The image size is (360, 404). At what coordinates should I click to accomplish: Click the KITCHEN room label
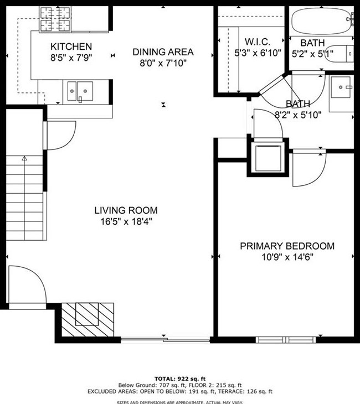(71, 46)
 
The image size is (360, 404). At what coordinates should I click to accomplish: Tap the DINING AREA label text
(163, 52)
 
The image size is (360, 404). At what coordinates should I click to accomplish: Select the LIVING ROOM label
(126, 210)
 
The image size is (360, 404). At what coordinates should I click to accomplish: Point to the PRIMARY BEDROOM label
(287, 246)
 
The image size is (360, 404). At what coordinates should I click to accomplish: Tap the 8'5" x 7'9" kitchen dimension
(71, 58)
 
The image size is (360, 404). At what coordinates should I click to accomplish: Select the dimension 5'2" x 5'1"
(317, 54)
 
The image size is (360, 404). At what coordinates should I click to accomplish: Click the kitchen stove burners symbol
(55, 19)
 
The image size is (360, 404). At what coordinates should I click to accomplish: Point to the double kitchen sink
(80, 91)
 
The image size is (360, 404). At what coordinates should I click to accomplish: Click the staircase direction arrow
(24, 159)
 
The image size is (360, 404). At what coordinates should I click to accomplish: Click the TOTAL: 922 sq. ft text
(180, 377)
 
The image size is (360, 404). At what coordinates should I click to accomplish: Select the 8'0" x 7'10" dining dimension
(163, 63)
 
